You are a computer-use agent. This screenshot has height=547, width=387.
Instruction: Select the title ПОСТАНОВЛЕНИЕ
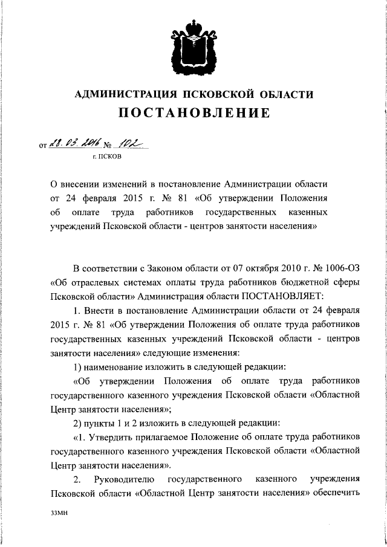[193, 113]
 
